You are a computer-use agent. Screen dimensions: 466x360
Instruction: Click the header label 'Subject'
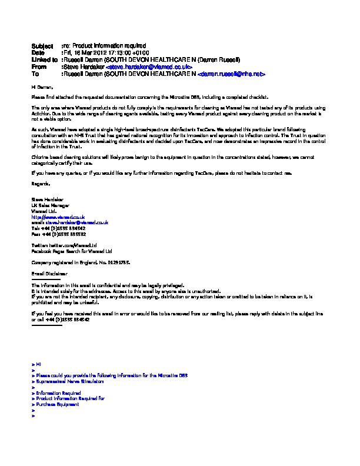point(42,45)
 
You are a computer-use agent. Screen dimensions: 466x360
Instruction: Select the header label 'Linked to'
point(44,60)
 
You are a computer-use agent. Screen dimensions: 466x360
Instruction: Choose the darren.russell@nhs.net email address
point(232,75)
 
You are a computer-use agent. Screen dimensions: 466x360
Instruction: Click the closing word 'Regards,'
point(40,184)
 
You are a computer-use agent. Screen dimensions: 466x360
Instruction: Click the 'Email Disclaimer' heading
point(49,274)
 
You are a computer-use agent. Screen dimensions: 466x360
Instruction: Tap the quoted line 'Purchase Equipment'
point(57,404)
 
